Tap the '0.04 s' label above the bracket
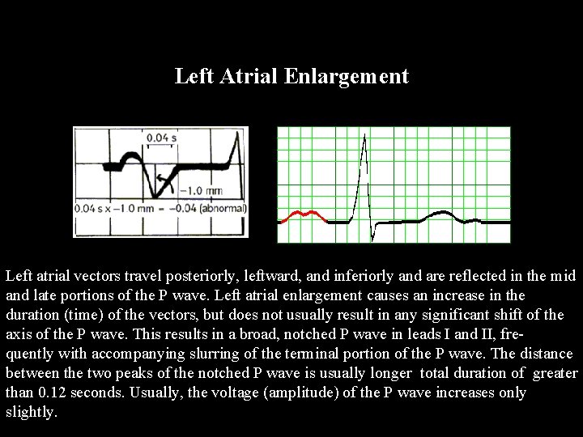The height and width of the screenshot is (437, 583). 161,138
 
